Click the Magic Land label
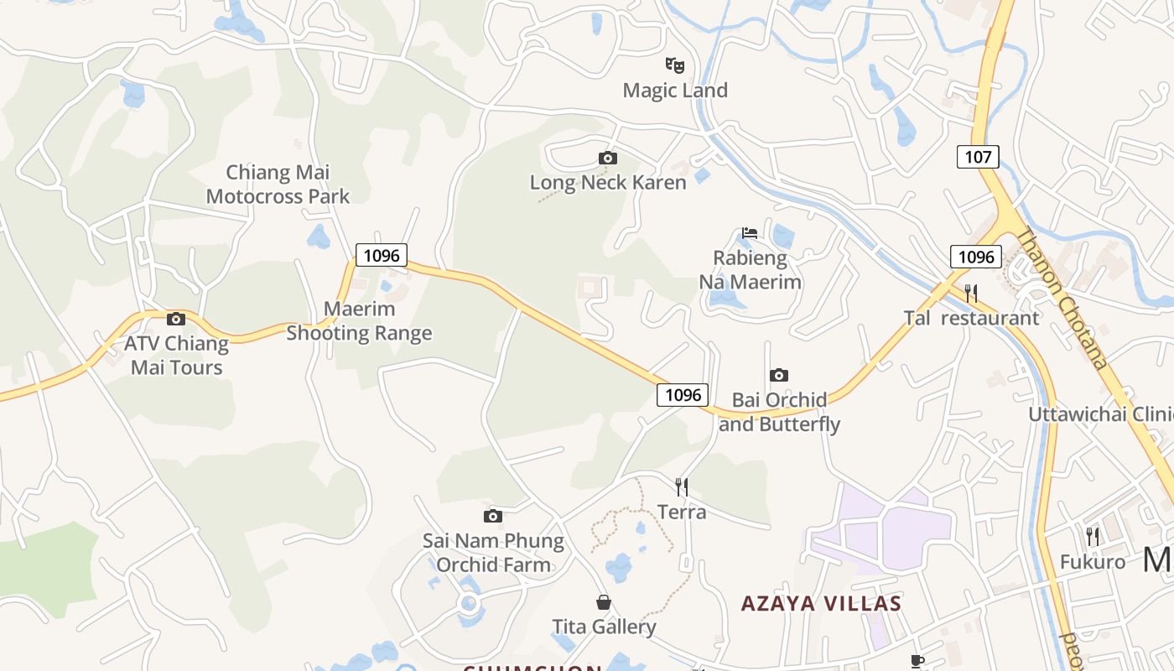(x=675, y=90)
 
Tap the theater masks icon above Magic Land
(x=675, y=65)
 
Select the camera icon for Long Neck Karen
(x=608, y=158)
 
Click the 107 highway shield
(x=978, y=156)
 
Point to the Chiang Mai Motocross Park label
(x=278, y=185)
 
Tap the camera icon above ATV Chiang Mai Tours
(x=176, y=319)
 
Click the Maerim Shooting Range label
(x=359, y=320)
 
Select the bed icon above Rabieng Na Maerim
(x=750, y=232)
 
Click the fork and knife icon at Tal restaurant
(x=971, y=293)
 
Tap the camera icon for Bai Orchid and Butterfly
(x=779, y=375)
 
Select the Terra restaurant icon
(x=682, y=486)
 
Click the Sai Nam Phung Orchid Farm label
(x=493, y=552)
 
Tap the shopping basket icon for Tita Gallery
(x=604, y=602)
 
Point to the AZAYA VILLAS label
(x=822, y=602)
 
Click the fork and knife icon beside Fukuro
(x=1093, y=536)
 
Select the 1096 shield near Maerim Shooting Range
(x=382, y=255)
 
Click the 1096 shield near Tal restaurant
(x=976, y=257)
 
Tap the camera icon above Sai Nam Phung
(x=493, y=516)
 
